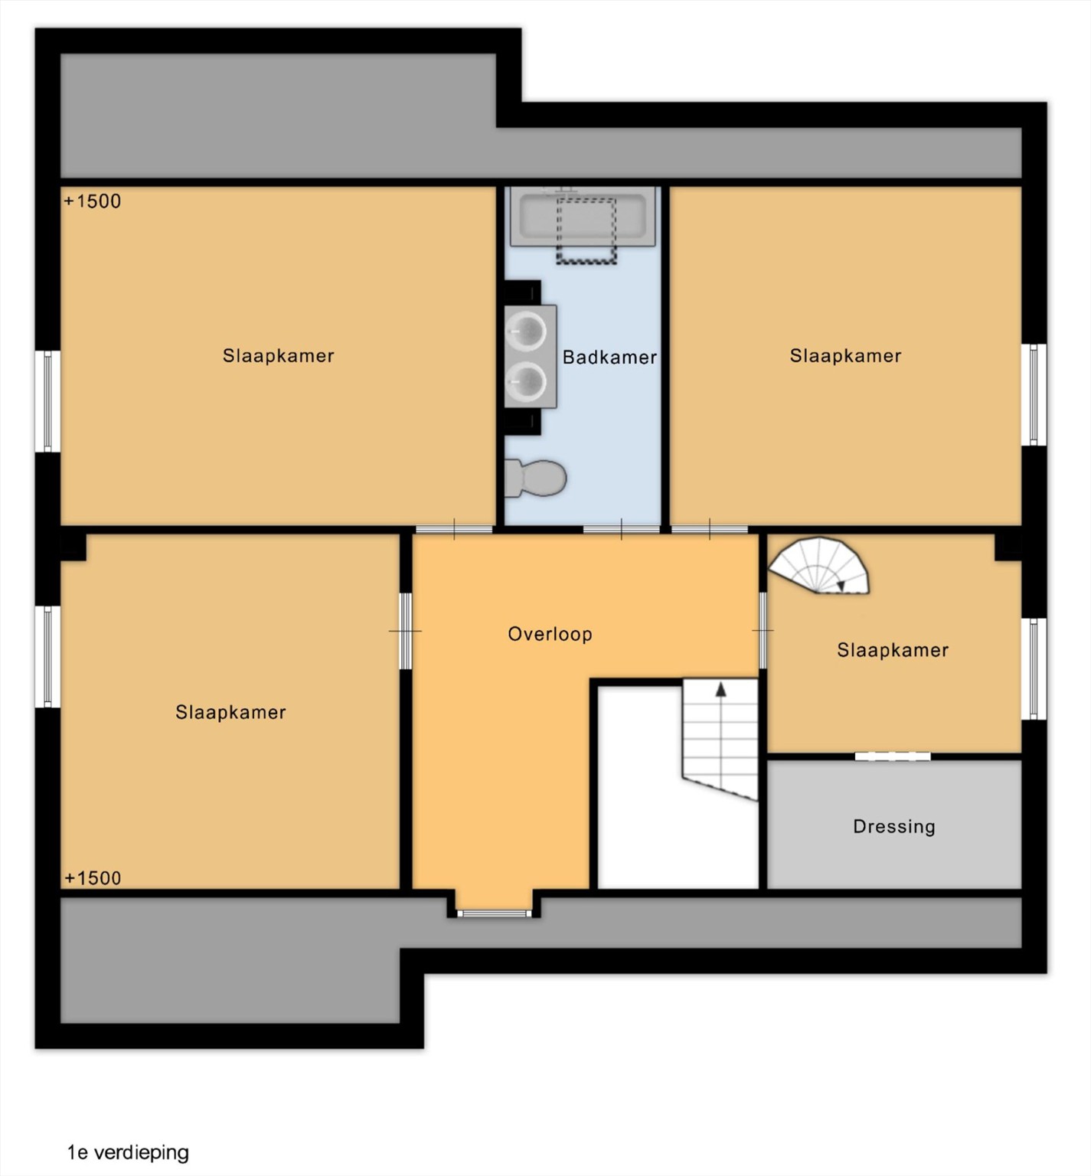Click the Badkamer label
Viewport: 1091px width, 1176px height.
click(609, 357)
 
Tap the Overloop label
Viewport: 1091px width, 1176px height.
click(550, 634)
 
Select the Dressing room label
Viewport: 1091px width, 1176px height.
click(894, 826)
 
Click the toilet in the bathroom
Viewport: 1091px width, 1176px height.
click(535, 478)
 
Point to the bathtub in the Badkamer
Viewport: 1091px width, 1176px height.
click(583, 217)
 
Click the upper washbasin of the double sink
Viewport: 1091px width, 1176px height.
click(527, 332)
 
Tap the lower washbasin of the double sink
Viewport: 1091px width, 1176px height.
click(527, 381)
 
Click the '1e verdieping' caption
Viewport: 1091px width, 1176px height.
click(128, 1152)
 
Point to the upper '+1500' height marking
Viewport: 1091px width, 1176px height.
click(93, 201)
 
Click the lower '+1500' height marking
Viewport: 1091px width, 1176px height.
click(93, 877)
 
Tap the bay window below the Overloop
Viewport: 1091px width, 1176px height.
click(494, 912)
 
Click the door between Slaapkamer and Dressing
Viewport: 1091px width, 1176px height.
click(893, 756)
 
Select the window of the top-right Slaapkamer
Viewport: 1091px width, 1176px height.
click(1034, 394)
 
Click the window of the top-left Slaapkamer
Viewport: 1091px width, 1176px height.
click(47, 401)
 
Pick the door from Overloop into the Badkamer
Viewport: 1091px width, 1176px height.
click(621, 529)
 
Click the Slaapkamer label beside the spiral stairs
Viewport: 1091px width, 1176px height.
click(893, 650)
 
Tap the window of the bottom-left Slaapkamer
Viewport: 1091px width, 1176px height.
click(47, 657)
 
